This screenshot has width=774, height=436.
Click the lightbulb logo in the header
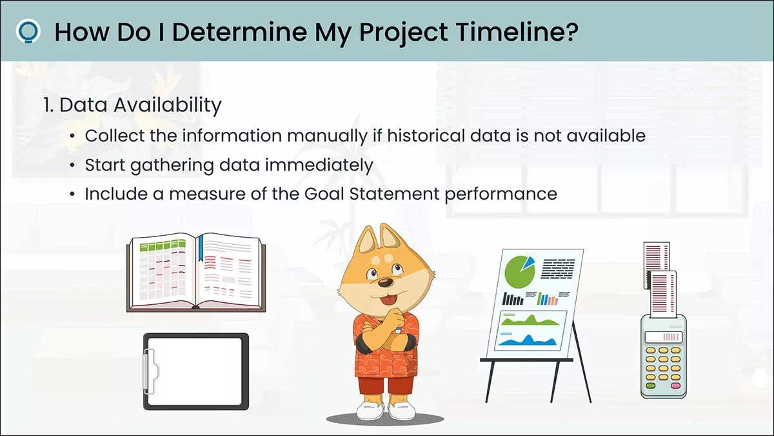pos(28,32)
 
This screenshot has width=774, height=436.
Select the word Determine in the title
pos(239,32)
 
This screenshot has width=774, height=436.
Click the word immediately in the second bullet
pos(319,165)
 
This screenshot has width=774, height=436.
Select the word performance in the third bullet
pos(501,194)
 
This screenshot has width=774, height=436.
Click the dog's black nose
pos(385,283)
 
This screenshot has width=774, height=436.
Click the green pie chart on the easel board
pos(519,273)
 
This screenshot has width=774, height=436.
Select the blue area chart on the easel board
pos(528,340)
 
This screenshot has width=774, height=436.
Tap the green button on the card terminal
pos(650,386)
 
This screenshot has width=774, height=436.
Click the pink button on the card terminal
pos(675,386)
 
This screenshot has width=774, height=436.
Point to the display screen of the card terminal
pos(664,337)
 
